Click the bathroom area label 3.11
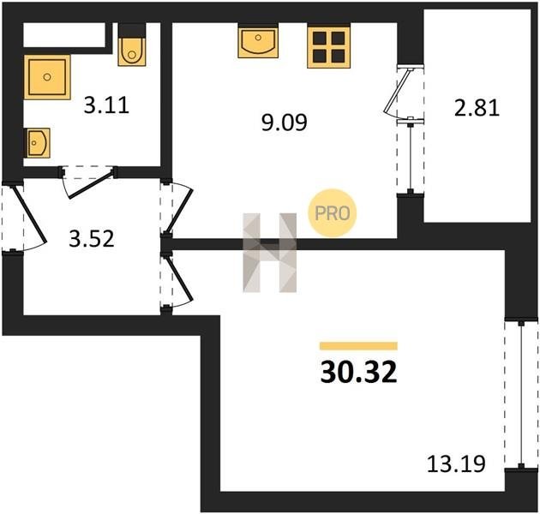pyautogui.click(x=106, y=105)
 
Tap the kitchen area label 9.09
pyautogui.click(x=284, y=123)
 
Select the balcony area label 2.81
pyautogui.click(x=477, y=108)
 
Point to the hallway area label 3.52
pyautogui.click(x=91, y=239)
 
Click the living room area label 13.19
pyautogui.click(x=456, y=463)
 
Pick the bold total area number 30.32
pyautogui.click(x=358, y=373)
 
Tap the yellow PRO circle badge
pyautogui.click(x=333, y=213)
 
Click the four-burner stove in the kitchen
pyautogui.click(x=329, y=47)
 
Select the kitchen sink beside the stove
pyautogui.click(x=258, y=42)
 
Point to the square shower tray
pyautogui.click(x=47, y=77)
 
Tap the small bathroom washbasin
pyautogui.click(x=37, y=143)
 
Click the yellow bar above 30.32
pyautogui.click(x=358, y=346)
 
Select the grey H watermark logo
pyautogui.click(x=270, y=253)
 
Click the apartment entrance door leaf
pyautogui.click(x=28, y=214)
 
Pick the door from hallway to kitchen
pyautogui.click(x=179, y=210)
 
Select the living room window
pyautogui.click(x=521, y=395)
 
